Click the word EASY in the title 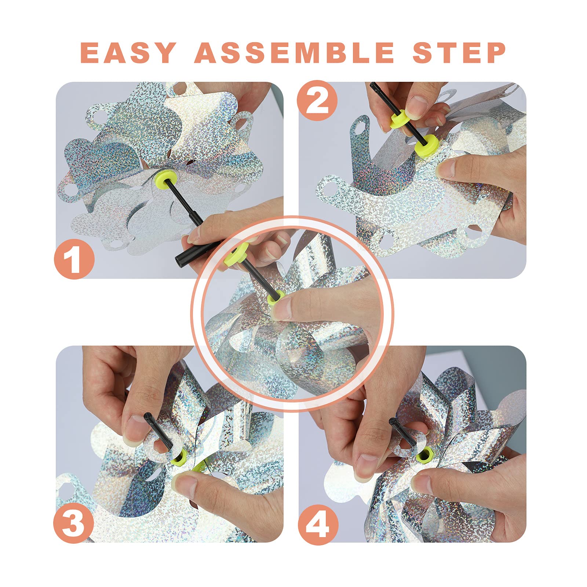pyautogui.click(x=128, y=52)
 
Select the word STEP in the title pyautogui.click(x=459, y=52)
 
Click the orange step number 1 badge pyautogui.click(x=74, y=259)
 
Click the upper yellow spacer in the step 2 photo pyautogui.click(x=400, y=119)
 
